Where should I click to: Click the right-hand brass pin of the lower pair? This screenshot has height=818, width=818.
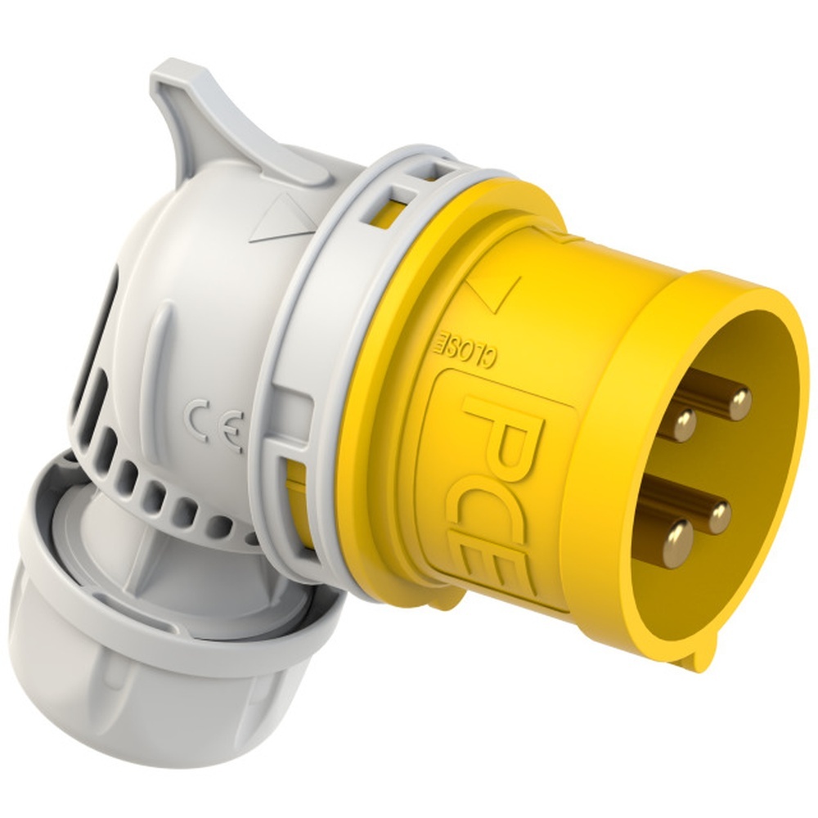[x=720, y=517]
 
